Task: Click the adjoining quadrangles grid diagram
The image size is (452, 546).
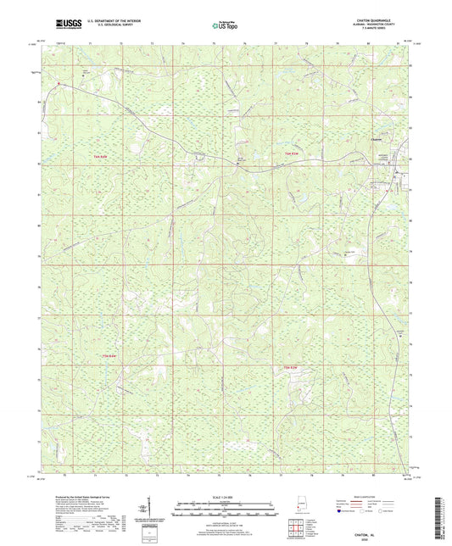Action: point(295,526)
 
